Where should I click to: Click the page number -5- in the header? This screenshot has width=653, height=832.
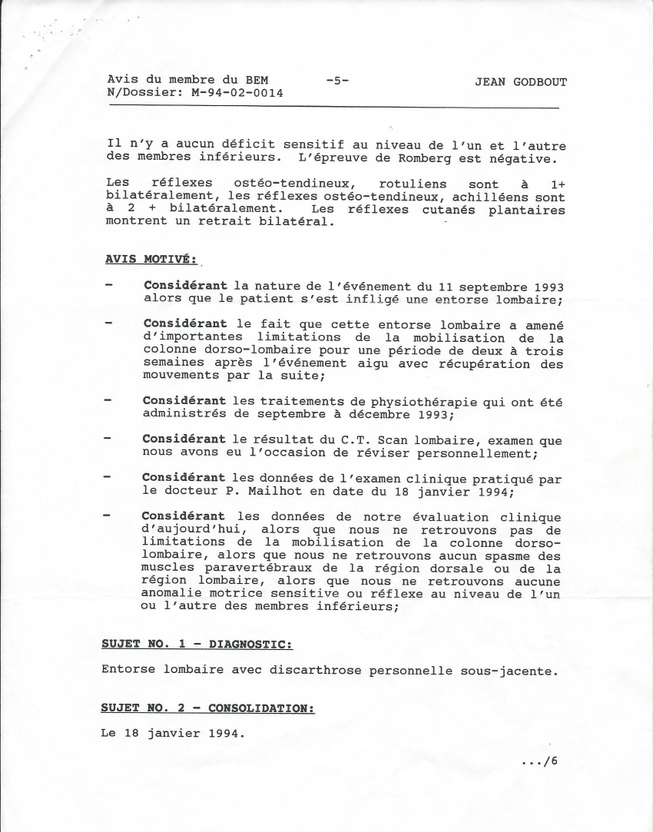pyautogui.click(x=337, y=80)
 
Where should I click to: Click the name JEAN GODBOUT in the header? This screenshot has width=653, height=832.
pyautogui.click(x=521, y=82)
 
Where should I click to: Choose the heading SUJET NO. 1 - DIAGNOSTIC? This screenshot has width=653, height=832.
pyautogui.click(x=197, y=643)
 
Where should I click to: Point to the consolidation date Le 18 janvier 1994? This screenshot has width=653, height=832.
pyautogui.click(x=172, y=733)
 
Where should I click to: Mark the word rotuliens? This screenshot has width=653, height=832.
pyautogui.click(x=412, y=184)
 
